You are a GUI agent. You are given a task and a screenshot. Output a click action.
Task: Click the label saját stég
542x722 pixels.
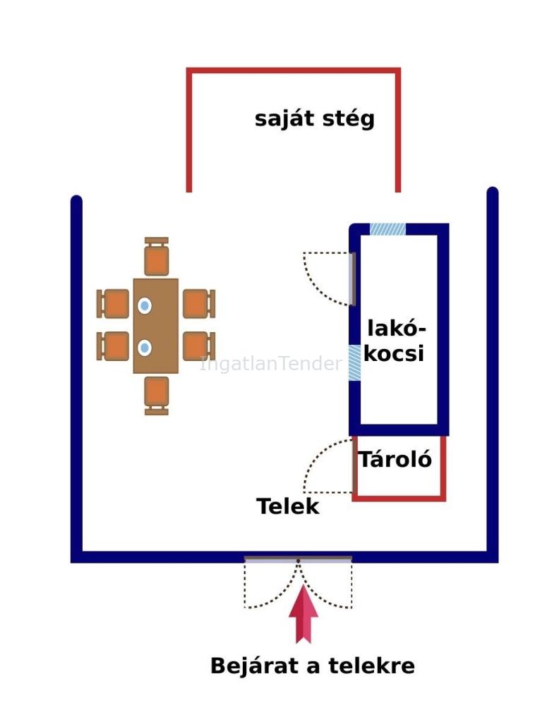pos(315,118)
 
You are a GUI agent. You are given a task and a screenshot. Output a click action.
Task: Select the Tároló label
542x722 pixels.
pos(395,460)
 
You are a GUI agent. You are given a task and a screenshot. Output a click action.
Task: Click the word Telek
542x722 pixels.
pos(287,506)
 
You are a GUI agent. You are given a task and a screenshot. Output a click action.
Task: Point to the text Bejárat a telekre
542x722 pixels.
pos(312,666)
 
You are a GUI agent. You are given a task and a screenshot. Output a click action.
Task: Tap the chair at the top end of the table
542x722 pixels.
pos(157,257)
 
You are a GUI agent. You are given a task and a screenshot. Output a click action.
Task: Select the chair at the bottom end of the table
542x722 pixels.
pos(157,394)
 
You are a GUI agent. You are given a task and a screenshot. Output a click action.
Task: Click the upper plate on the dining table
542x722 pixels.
pos(145,305)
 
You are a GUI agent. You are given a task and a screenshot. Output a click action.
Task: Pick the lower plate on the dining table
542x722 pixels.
pos(145,348)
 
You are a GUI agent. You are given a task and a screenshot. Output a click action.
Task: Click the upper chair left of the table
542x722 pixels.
pos(114,304)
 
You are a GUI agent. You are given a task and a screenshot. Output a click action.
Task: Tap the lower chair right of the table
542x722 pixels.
pos(198,346)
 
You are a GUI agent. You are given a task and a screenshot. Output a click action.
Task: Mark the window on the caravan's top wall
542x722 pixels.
pos(387,229)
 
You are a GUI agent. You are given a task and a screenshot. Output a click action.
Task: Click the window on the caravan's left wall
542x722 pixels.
pos(354,362)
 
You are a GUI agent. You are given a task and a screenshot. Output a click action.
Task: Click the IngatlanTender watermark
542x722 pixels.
pos(271,364)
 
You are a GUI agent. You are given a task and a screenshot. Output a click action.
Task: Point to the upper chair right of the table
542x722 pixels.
pos(198,304)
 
